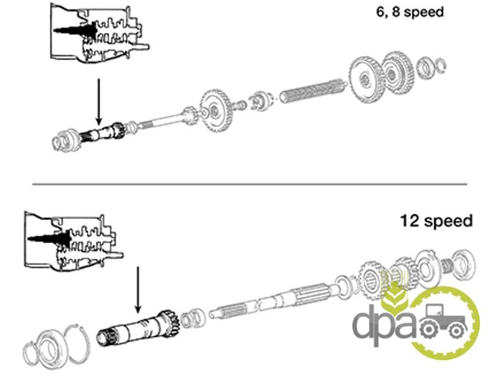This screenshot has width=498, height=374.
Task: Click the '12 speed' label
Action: pyautogui.click(x=436, y=221)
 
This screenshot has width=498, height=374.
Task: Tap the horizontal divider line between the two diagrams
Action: pyautogui.click(x=249, y=184)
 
